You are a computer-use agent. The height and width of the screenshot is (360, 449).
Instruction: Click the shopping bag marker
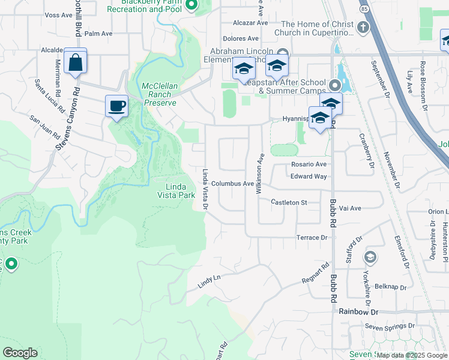(75, 62)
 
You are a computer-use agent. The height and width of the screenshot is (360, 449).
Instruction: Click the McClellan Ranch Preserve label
(160, 94)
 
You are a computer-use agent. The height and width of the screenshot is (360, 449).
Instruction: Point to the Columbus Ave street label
(232, 184)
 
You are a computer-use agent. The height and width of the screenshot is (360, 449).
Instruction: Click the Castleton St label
(289, 203)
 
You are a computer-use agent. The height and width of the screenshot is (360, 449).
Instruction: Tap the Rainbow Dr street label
(358, 312)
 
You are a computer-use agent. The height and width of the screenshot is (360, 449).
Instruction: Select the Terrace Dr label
(312, 238)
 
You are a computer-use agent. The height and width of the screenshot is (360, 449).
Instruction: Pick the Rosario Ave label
(308, 164)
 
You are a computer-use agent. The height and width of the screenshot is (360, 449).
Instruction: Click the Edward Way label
(309, 176)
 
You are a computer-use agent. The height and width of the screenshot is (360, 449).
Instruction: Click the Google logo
(20, 353)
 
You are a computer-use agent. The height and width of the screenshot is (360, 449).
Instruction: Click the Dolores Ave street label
(236, 38)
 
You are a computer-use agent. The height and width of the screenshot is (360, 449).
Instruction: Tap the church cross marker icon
(362, 28)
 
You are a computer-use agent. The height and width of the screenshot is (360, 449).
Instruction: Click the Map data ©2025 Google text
(412, 355)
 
